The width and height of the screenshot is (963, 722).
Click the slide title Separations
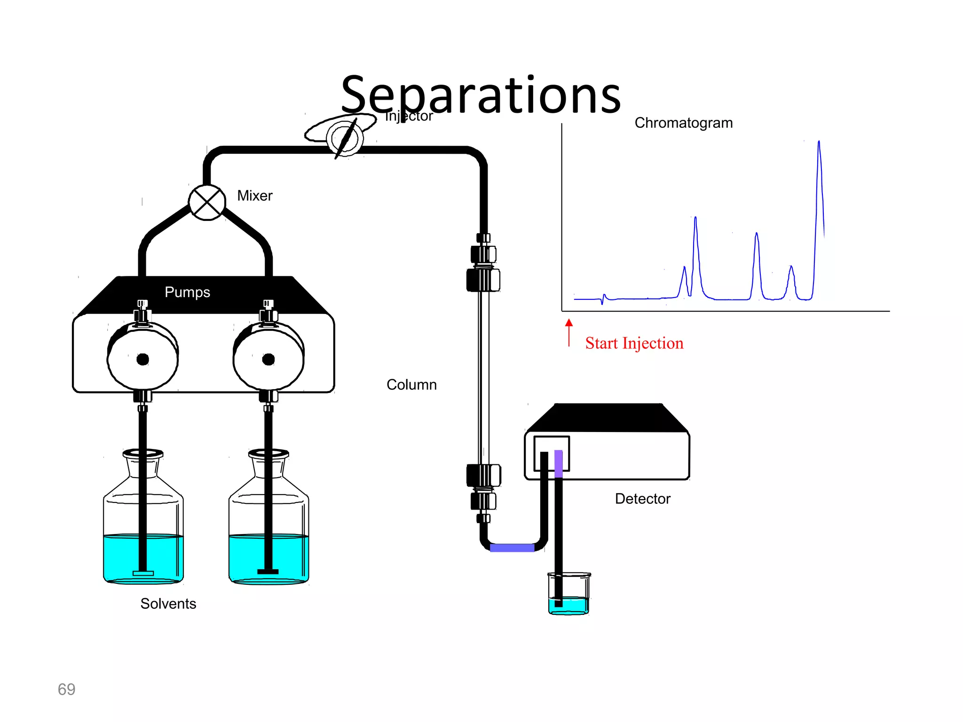481,95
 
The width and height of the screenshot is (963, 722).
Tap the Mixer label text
254,196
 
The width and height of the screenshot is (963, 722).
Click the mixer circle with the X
207,203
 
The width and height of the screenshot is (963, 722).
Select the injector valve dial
345,138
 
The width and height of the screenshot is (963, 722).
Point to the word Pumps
187,292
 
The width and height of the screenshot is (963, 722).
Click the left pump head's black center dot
142,360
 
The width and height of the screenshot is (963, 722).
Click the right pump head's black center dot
268,360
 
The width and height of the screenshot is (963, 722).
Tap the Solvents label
168,604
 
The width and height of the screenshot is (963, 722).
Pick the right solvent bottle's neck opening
268,454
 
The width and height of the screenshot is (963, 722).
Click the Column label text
411,385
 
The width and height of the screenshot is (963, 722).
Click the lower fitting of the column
483,487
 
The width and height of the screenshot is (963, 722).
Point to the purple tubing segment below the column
512,548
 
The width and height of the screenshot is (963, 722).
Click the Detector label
642,499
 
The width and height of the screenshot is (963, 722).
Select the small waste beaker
569,595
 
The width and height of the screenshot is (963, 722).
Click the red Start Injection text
634,343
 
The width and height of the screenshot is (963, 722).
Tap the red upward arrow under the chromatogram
569,332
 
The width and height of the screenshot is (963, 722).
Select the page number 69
66,689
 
